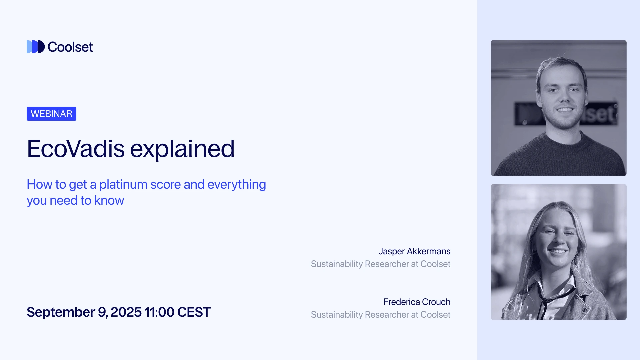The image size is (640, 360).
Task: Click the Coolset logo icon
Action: [x=35, y=47]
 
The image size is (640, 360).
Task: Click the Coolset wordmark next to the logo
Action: [x=70, y=47]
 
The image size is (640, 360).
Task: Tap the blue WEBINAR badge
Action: [x=51, y=114]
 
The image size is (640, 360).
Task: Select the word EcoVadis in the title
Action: [x=76, y=149]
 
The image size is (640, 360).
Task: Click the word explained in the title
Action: [x=182, y=149]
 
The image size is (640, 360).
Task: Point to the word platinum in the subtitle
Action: [x=123, y=184]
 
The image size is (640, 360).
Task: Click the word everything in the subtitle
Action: [x=237, y=184]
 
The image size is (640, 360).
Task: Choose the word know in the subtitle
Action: [x=109, y=200]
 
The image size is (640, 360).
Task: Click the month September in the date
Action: [x=61, y=312]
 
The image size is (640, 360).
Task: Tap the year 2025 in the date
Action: [x=126, y=312]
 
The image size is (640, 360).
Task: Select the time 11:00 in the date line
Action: [x=159, y=312]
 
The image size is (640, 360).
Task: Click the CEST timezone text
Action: [x=194, y=312]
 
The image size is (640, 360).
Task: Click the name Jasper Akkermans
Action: [x=414, y=251]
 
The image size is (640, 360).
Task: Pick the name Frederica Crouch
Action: [x=417, y=302]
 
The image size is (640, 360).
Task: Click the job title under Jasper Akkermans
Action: [x=380, y=264]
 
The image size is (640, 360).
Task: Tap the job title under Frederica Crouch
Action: [x=380, y=315]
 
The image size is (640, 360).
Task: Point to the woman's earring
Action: [x=576, y=255]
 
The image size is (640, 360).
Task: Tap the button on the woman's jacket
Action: [x=584, y=310]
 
